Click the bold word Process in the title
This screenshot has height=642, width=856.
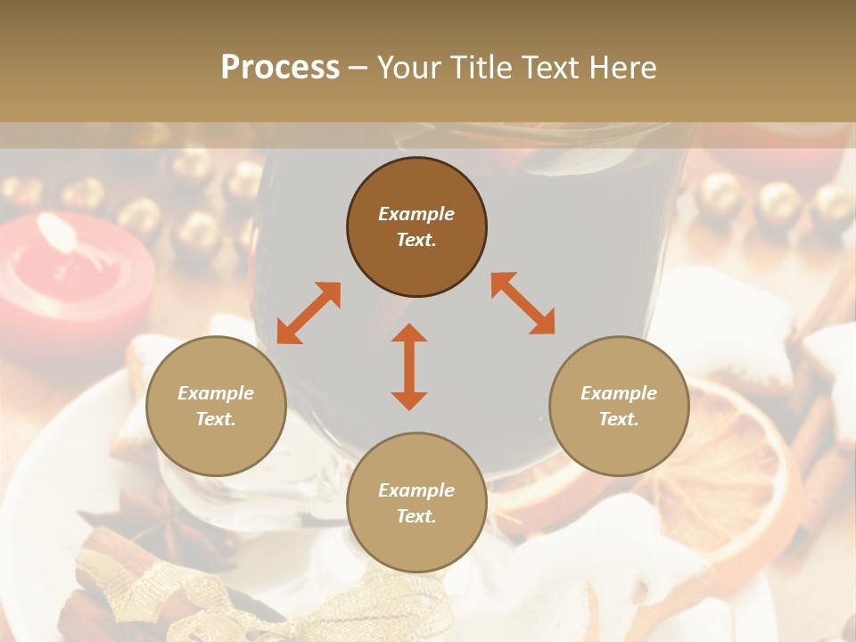280,68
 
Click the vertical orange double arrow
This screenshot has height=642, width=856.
409,366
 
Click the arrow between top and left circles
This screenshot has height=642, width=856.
309,312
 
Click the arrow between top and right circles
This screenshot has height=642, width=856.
523,303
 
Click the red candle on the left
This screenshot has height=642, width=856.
71,285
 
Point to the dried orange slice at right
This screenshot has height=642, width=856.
731,464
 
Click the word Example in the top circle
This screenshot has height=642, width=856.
416,214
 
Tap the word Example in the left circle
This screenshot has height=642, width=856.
216,393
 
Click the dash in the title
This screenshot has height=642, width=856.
358,68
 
